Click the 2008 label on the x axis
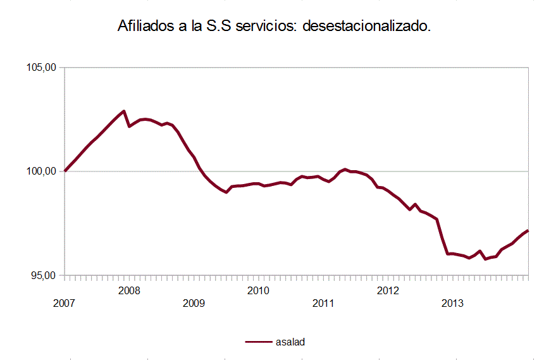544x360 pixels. coord(129,290)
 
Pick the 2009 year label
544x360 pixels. coord(194,303)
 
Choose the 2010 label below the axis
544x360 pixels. coord(258,290)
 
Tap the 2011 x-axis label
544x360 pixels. coord(323,303)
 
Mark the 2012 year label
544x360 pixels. coord(388,290)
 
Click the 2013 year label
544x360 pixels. coord(452,303)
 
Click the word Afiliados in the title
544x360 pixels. coord(144,27)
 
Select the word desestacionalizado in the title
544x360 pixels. coord(368,27)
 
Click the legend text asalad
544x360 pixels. coord(291,342)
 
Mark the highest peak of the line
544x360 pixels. coord(124,111)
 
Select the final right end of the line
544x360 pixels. coord(528,231)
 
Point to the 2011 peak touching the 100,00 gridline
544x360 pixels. coord(345,170)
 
